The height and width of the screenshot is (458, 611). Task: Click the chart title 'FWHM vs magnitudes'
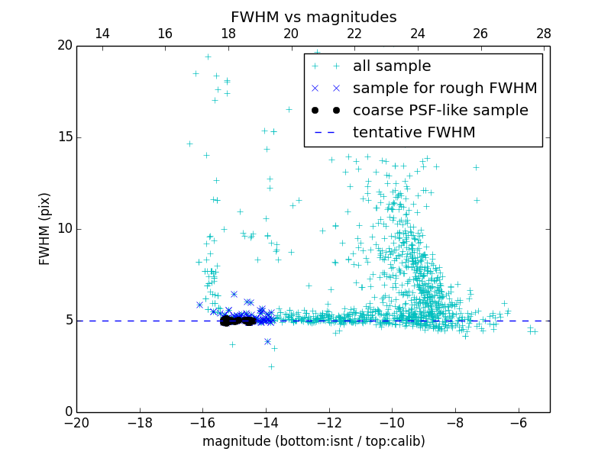tap(313, 17)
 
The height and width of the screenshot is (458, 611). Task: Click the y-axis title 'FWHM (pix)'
tap(45, 229)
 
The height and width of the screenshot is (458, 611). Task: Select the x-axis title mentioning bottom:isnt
tap(313, 441)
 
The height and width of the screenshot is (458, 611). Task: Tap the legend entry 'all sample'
tap(391, 66)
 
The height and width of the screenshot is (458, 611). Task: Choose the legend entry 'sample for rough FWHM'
tap(445, 89)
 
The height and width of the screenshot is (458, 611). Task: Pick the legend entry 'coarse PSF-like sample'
tap(440, 111)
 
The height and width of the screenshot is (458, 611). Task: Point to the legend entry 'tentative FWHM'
tap(413, 133)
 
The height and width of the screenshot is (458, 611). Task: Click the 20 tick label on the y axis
tap(64, 46)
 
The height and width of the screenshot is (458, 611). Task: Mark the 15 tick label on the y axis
tap(64, 137)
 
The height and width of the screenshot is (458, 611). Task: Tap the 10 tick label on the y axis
tap(64, 229)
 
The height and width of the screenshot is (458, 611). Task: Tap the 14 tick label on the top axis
tap(102, 34)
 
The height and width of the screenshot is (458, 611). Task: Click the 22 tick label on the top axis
tap(354, 34)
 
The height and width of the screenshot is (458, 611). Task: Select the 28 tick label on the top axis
tap(544, 34)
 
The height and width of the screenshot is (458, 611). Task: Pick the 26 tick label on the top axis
tap(480, 34)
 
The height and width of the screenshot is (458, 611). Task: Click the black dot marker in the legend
tap(325, 111)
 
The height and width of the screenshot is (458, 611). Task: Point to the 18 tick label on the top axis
tap(228, 34)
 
